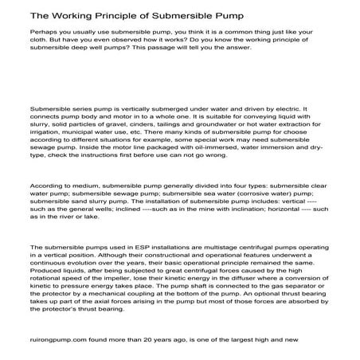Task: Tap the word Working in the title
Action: click(x=64, y=15)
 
